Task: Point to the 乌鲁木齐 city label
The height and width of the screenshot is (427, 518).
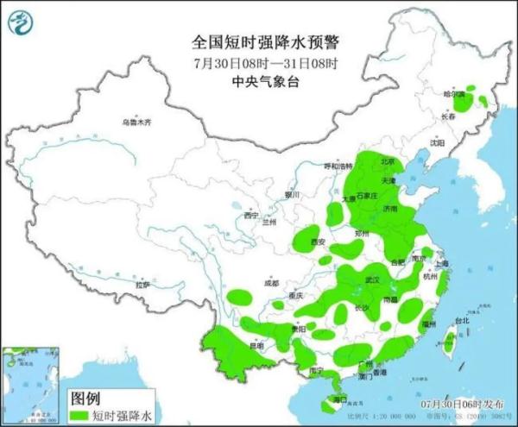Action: coord(136,123)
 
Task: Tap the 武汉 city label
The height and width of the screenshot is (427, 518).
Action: coord(373,279)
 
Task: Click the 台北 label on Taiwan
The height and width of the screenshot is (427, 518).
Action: coord(462,321)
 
